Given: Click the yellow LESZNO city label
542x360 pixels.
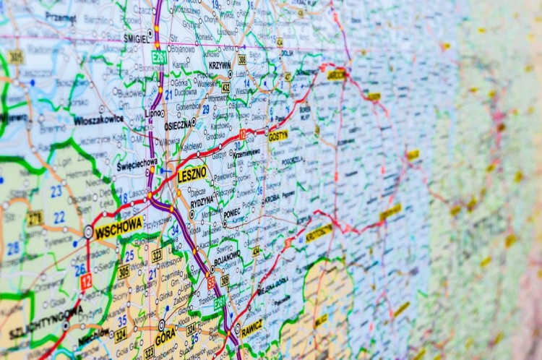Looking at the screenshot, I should tap(192, 173).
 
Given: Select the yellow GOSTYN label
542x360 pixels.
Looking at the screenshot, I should tap(278, 135).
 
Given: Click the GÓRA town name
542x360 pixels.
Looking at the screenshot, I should tap(165, 337).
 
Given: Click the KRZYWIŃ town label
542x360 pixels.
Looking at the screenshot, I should tap(219, 65).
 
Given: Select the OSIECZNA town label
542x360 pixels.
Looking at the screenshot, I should tap(178, 124).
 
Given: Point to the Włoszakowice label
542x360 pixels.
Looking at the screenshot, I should tap(98, 121).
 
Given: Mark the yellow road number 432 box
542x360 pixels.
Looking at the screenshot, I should tap(225, 87).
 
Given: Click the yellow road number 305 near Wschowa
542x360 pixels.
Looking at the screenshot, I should tap(124, 271).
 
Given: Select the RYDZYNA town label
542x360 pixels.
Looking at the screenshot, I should tap(202, 200).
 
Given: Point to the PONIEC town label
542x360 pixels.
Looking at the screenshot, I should tap(231, 213).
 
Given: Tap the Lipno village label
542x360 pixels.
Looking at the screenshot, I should tap(153, 113).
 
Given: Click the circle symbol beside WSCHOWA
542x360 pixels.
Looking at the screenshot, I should tap(88, 231).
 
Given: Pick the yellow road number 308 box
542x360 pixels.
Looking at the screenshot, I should tap(242, 59).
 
